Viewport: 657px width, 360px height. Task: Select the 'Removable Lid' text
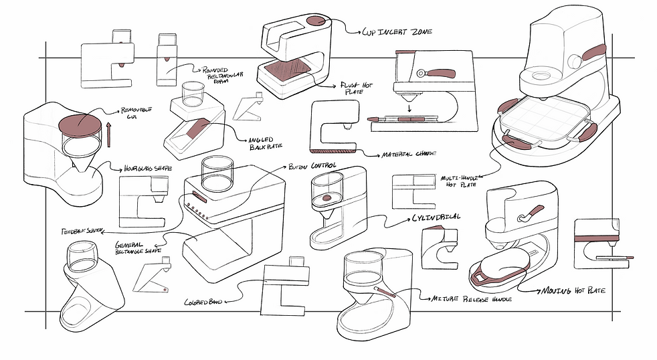click(x=136, y=113)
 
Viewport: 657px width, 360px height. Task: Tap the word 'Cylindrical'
click(x=431, y=219)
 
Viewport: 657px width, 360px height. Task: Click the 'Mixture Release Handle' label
click(x=472, y=299)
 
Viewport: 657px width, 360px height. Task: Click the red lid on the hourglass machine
click(x=80, y=125)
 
